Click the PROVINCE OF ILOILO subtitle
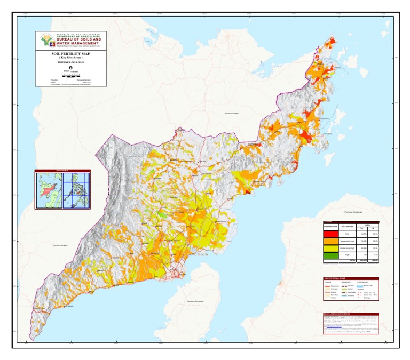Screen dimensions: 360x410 click(70, 62)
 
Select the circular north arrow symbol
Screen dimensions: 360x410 click(70, 68)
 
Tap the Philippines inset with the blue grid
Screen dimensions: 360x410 click(76, 190)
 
